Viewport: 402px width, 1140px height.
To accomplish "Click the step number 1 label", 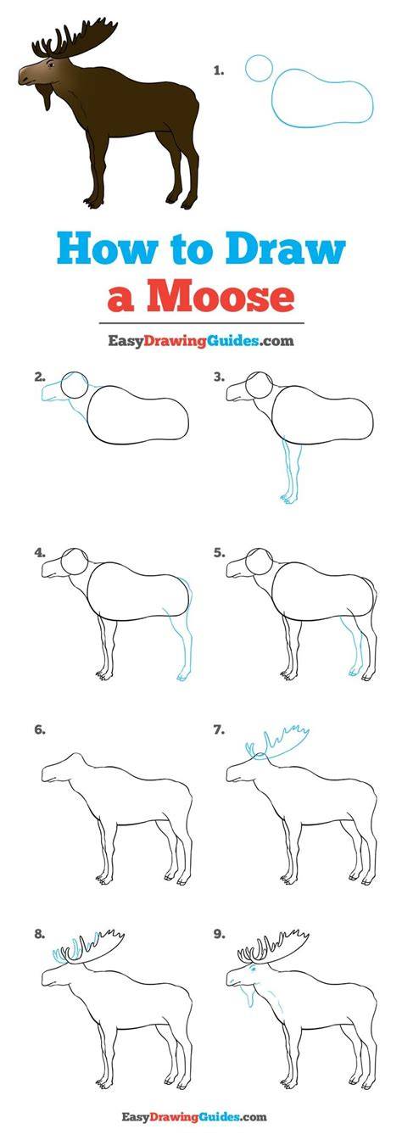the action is click(219, 71).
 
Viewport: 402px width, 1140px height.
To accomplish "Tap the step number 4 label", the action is click(40, 553).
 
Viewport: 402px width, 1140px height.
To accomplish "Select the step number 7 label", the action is click(220, 729).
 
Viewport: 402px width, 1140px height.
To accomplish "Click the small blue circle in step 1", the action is click(259, 68).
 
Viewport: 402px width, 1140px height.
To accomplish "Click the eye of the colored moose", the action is click(51, 64).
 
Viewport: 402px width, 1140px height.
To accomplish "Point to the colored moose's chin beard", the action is click(47, 95).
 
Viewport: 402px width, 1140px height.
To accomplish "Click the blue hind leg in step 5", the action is click(353, 646).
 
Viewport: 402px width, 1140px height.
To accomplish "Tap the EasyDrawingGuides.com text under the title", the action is click(200, 340).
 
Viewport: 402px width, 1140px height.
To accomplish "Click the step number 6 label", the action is click(40, 729).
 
